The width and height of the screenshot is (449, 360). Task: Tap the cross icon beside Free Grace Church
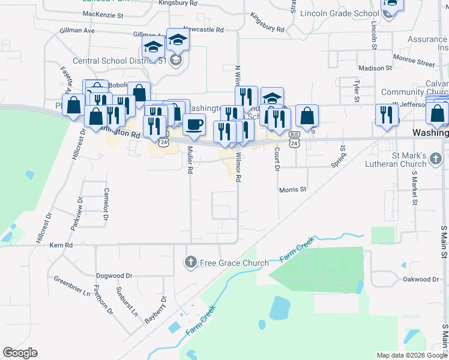click(190, 262)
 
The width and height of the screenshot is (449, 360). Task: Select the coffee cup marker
click(194, 125)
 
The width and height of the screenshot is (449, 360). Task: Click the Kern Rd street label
click(61, 245)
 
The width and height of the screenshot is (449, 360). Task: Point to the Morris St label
click(293, 190)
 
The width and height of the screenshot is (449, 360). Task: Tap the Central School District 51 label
click(121, 61)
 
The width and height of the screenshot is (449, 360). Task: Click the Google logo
click(20, 353)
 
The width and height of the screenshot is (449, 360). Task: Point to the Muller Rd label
click(190, 160)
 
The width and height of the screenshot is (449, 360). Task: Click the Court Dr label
click(277, 160)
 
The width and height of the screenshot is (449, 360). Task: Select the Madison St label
click(375, 68)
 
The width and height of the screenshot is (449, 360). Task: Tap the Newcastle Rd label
click(203, 29)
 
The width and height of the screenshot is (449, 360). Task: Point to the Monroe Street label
click(414, 60)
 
